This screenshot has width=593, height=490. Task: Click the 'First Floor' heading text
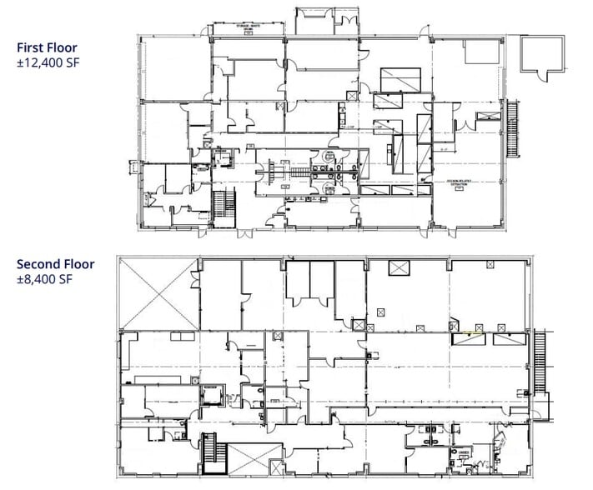coord(48,47)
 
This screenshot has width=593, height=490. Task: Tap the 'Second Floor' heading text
coord(55,265)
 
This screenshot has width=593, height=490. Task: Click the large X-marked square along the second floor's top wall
coord(398,270)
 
